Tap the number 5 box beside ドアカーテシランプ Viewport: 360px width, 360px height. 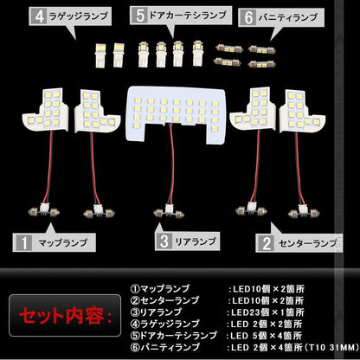(x=139, y=16)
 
